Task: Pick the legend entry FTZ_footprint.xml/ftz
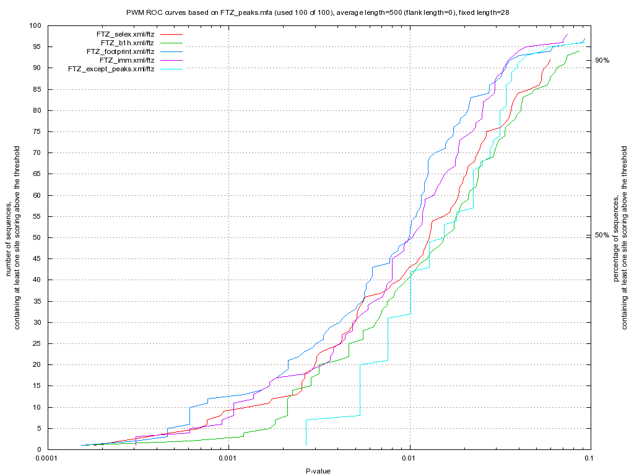120,51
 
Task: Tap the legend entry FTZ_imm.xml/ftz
126,59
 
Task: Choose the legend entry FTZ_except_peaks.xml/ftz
111,68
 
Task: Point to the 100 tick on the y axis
35,25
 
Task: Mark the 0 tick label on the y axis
39,449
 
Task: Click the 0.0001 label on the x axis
47,460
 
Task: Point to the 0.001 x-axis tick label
228,460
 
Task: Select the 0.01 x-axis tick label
410,460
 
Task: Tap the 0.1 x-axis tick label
589,460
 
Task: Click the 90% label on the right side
602,60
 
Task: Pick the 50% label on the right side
602,235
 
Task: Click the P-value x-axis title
318,471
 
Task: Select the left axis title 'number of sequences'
13,237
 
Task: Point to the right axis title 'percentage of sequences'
621,237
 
